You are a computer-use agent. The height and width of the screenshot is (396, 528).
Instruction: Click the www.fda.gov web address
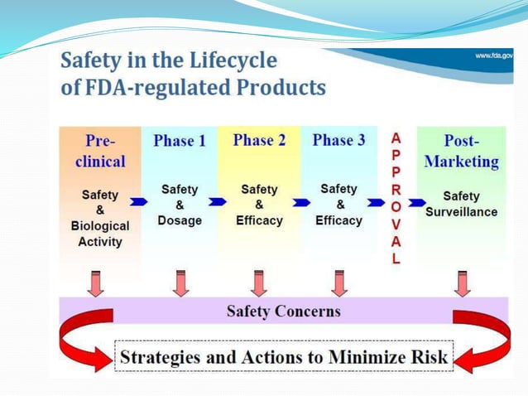pos(494,56)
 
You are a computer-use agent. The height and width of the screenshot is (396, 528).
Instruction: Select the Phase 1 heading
pos(180,141)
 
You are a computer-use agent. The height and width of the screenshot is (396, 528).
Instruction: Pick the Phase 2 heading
pos(259,140)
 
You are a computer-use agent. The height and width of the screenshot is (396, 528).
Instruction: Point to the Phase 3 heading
pos(338,140)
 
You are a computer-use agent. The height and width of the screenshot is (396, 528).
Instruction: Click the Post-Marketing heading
pos(461,150)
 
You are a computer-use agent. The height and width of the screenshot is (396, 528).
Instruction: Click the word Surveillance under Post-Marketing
pos(461,211)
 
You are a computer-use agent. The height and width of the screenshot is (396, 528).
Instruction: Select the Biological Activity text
pos(100,234)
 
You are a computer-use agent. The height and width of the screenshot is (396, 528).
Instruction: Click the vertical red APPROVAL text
pos(396,198)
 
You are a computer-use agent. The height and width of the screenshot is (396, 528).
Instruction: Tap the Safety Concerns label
pos(283,311)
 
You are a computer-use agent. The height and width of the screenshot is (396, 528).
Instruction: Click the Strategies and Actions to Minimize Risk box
pos(283,358)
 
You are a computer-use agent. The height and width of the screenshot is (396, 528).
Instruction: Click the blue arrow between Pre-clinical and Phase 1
pos(138,201)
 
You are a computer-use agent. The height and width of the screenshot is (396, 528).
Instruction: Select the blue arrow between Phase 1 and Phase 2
pos(217,201)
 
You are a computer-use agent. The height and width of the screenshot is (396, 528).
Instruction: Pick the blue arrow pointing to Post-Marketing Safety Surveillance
pos(415,201)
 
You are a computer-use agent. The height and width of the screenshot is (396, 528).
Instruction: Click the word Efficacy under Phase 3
pos(338,221)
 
